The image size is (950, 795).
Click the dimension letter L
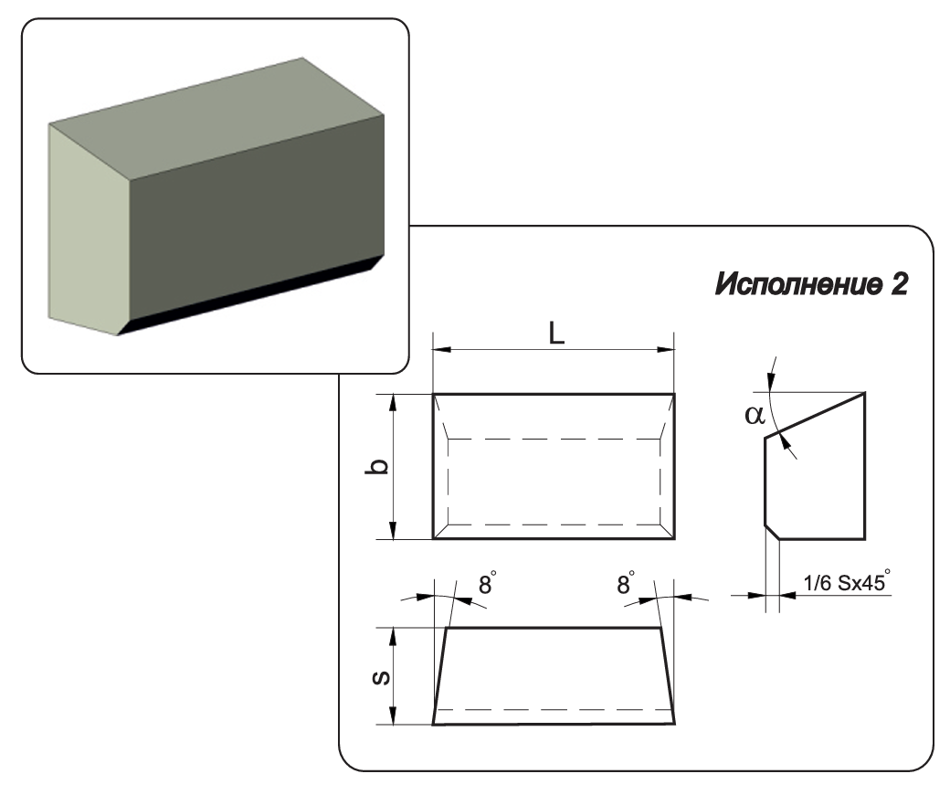[556, 334]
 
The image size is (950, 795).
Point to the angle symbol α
[754, 415]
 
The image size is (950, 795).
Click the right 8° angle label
[625, 583]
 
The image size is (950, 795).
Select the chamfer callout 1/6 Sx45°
[846, 582]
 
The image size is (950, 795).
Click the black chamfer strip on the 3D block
[247, 297]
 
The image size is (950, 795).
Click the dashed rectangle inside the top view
[554, 440]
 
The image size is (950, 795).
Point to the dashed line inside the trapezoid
[554, 709]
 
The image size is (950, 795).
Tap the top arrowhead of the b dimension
[393, 399]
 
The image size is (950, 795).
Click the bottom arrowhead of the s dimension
[393, 719]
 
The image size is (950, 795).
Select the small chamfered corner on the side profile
[772, 532]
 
